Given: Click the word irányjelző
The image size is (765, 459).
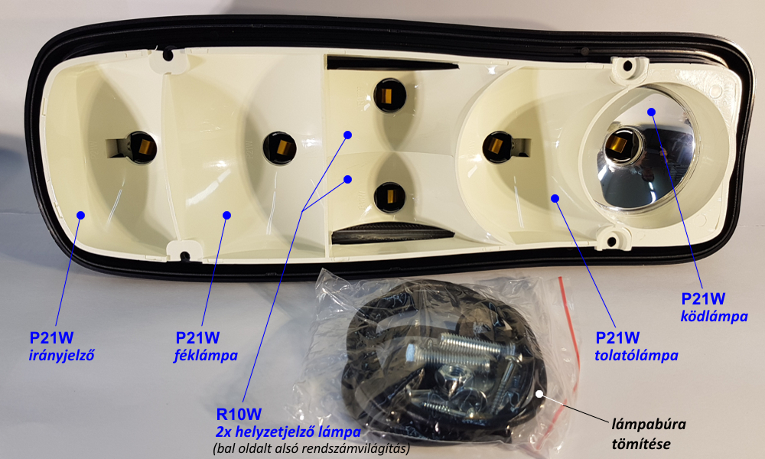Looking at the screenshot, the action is tap(61, 355).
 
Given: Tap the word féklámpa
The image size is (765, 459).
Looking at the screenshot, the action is tap(206, 356).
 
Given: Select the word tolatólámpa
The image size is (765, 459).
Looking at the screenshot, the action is tap(636, 355).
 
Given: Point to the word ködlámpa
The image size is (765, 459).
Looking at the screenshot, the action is tap(715, 316).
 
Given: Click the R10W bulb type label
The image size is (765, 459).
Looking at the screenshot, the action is tap(239, 414).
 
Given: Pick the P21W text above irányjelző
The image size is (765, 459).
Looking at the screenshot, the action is tap(51, 337).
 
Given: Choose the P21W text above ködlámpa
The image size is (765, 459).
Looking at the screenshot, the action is tap(703, 298).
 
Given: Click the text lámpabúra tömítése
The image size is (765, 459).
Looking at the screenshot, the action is tap(649, 434).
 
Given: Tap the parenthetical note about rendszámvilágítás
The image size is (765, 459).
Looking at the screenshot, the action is tap(311, 448).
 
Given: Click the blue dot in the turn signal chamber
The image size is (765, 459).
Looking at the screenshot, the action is tap(80, 215).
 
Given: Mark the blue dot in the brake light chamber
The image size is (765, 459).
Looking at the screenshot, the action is tap(226, 215).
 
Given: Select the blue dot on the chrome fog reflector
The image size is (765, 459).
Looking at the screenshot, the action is tap(651, 112).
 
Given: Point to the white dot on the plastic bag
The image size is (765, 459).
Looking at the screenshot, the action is tap(539, 394).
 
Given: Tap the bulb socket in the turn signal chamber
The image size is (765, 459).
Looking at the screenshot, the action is tap(139, 146).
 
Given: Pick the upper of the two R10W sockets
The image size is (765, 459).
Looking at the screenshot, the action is tap(389, 95).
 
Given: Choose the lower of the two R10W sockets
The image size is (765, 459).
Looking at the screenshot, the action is tap(390, 196).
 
